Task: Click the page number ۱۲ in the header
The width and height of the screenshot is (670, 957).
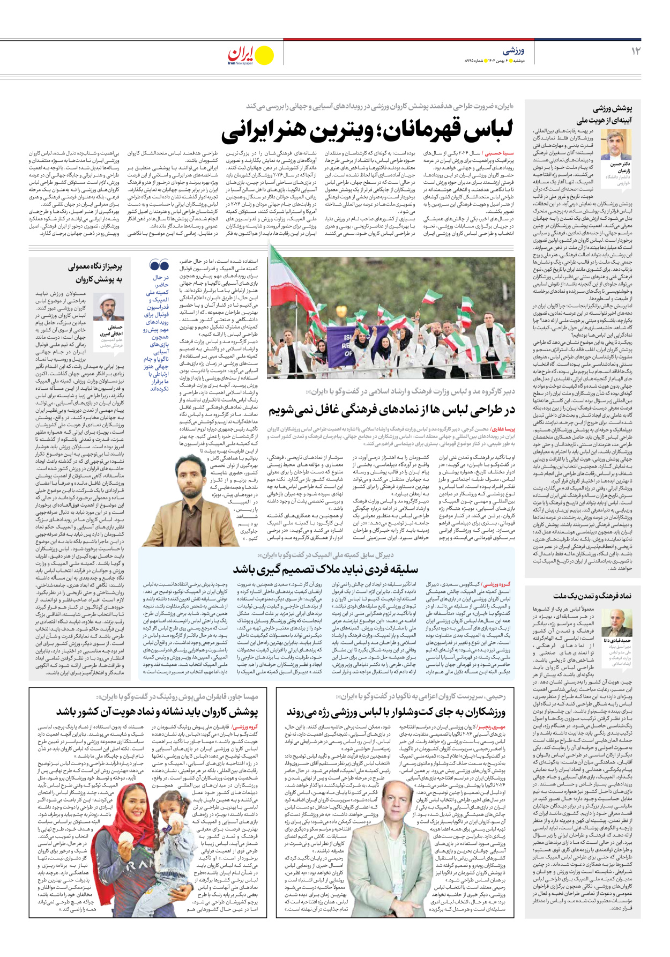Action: tap(636, 51)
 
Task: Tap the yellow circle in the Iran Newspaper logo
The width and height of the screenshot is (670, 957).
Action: tap(264, 55)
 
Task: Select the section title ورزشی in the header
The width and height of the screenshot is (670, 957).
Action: tap(513, 51)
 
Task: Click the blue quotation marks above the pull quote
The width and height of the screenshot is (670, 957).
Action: tap(159, 265)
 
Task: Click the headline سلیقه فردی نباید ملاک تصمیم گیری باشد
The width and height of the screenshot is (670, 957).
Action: tap(325, 569)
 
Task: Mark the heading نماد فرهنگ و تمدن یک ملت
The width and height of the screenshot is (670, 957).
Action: tap(592, 596)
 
